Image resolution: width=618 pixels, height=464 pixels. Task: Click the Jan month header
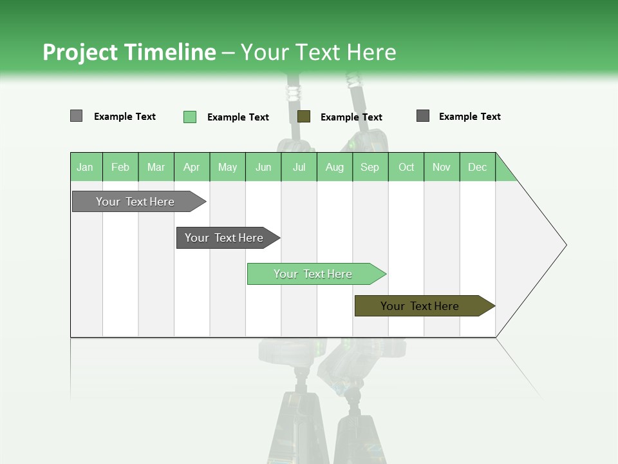point(86,167)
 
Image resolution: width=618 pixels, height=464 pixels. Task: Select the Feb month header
point(120,167)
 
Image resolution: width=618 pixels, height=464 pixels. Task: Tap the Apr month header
point(192,167)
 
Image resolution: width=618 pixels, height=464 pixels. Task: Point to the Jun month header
point(263,167)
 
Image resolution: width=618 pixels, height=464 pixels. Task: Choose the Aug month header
point(335,167)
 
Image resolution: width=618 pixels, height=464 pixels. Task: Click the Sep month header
point(370,167)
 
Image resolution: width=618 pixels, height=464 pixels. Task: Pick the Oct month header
point(406,167)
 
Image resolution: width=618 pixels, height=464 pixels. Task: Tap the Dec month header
point(478,167)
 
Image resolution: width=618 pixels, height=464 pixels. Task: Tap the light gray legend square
point(76,116)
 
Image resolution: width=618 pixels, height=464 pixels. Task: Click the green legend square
point(189,117)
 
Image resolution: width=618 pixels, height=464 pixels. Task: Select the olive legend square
point(304,116)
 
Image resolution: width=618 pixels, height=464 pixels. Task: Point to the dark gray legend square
point(422,115)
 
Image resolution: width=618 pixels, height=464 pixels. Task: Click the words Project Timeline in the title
point(129,52)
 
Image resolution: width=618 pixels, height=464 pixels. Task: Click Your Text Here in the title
point(319,52)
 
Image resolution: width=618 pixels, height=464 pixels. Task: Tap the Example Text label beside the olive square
point(351,117)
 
